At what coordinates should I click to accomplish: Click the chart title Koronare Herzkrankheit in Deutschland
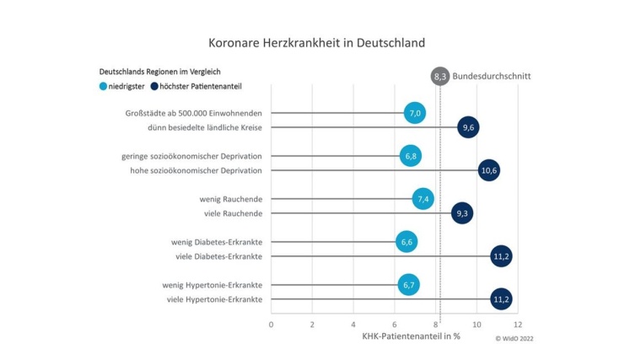tap(316, 41)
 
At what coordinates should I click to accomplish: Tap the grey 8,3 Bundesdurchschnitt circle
tap(439, 76)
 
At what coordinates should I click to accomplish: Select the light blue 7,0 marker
tap(415, 112)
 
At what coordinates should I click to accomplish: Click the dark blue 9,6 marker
tap(468, 127)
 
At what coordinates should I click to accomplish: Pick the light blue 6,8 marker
tap(411, 156)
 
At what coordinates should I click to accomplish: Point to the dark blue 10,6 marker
tap(489, 170)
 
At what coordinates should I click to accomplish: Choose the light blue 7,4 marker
tap(423, 199)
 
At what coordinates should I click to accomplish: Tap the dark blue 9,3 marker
tap(462, 213)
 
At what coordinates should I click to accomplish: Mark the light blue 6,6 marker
tap(407, 242)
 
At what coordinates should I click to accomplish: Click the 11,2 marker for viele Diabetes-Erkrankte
tap(501, 256)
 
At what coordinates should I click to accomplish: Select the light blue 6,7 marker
tap(409, 285)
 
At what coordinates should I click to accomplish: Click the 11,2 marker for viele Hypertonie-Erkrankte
tap(501, 299)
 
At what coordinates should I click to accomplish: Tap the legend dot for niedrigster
tap(104, 86)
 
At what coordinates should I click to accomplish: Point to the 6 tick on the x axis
tap(394, 325)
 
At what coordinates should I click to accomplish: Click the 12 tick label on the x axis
tap(517, 325)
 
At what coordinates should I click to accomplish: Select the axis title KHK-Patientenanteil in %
tap(411, 338)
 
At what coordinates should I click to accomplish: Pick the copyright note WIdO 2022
tap(514, 339)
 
